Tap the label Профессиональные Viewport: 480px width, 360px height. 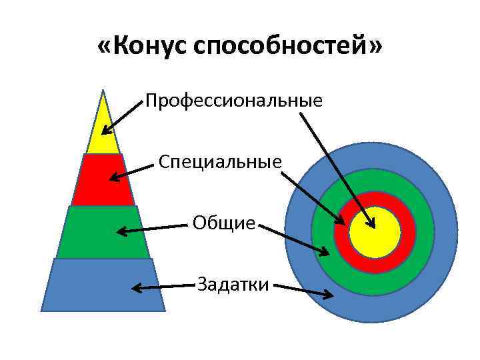click(x=234, y=101)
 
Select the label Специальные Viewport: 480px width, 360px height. click(x=220, y=162)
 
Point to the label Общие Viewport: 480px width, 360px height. click(x=224, y=223)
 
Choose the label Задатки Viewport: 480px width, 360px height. click(x=233, y=285)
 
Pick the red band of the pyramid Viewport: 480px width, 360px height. click(x=103, y=180)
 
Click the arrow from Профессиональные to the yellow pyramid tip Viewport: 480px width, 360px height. click(x=123, y=117)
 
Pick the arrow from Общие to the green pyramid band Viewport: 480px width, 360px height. click(x=153, y=229)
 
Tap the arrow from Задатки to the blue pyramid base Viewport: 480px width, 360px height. click(x=163, y=287)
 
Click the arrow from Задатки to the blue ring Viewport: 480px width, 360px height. click(x=303, y=291)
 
